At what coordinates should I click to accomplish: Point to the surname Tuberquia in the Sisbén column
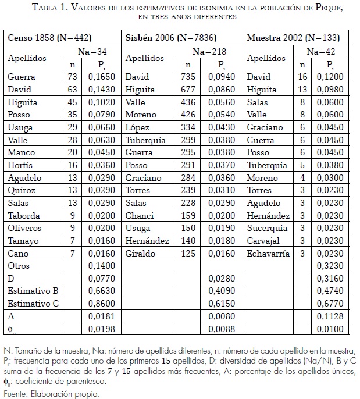click(145, 140)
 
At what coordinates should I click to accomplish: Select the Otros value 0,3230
click(336, 266)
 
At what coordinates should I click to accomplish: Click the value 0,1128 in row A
click(336, 317)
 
